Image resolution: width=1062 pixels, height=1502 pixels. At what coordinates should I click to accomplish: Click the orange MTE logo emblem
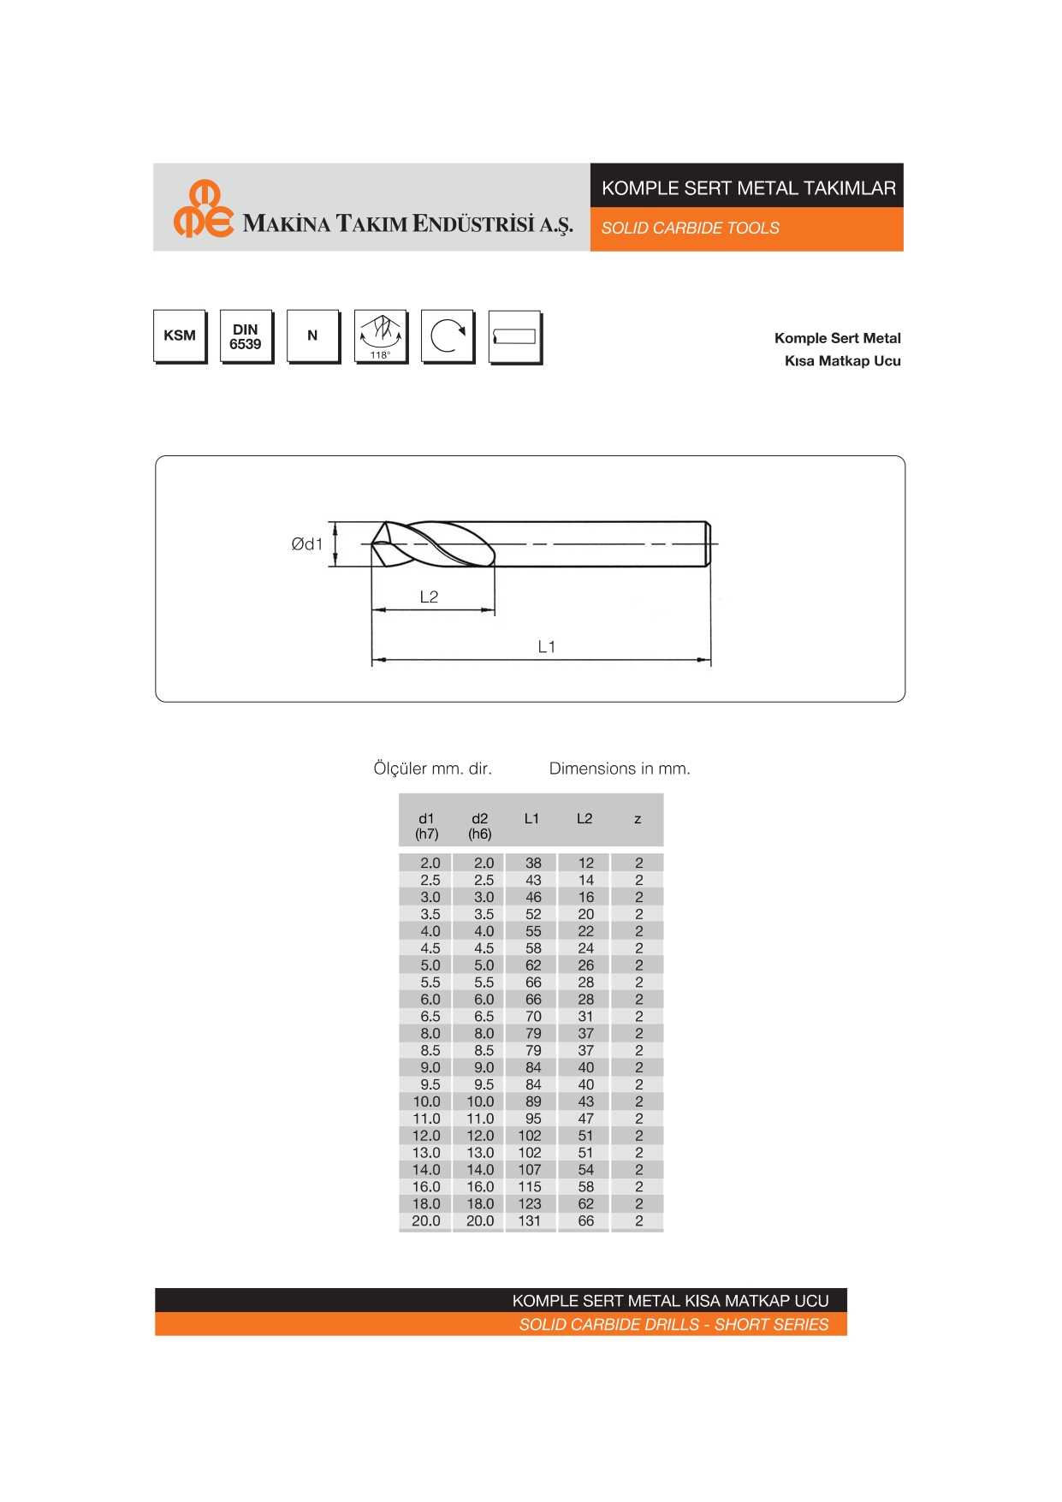pos(203,209)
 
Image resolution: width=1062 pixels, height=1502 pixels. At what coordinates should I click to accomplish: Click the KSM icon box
pos(180,335)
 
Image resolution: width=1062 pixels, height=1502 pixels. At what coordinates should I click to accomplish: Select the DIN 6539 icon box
pos(246,336)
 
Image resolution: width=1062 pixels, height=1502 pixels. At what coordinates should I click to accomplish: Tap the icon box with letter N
pos(312,335)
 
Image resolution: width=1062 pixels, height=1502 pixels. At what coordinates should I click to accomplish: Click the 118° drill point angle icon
pos(380,336)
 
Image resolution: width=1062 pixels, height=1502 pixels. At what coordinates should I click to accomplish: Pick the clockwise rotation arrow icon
pos(447,336)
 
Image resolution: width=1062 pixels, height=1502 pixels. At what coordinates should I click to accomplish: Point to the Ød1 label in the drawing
pos(306,544)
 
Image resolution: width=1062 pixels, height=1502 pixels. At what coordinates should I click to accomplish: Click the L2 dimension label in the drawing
pos(429,597)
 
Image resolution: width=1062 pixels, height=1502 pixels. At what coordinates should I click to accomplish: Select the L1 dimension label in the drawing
pos(546,647)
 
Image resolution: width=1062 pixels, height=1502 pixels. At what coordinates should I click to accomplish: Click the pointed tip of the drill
pos(373,544)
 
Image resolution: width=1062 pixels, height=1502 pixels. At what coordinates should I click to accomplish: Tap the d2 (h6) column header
pos(479,826)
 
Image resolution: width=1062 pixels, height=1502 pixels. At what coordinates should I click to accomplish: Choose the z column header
pos(638,819)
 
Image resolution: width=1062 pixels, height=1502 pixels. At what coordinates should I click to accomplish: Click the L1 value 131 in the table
pos(530,1221)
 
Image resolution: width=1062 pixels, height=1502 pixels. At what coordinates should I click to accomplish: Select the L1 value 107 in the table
pos(530,1170)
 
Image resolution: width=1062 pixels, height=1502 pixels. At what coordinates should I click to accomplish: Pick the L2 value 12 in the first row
pos(585,864)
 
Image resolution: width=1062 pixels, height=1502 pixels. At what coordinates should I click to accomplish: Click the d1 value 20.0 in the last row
pos(426,1221)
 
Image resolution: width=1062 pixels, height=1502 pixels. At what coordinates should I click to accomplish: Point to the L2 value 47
pos(585,1119)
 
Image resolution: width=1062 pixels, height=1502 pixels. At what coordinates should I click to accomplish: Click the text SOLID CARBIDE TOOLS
pos(690,229)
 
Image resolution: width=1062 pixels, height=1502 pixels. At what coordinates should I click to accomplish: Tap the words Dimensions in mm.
pos(620,769)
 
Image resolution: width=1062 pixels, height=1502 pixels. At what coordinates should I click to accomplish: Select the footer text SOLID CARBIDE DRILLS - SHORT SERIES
pos(673,1325)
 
